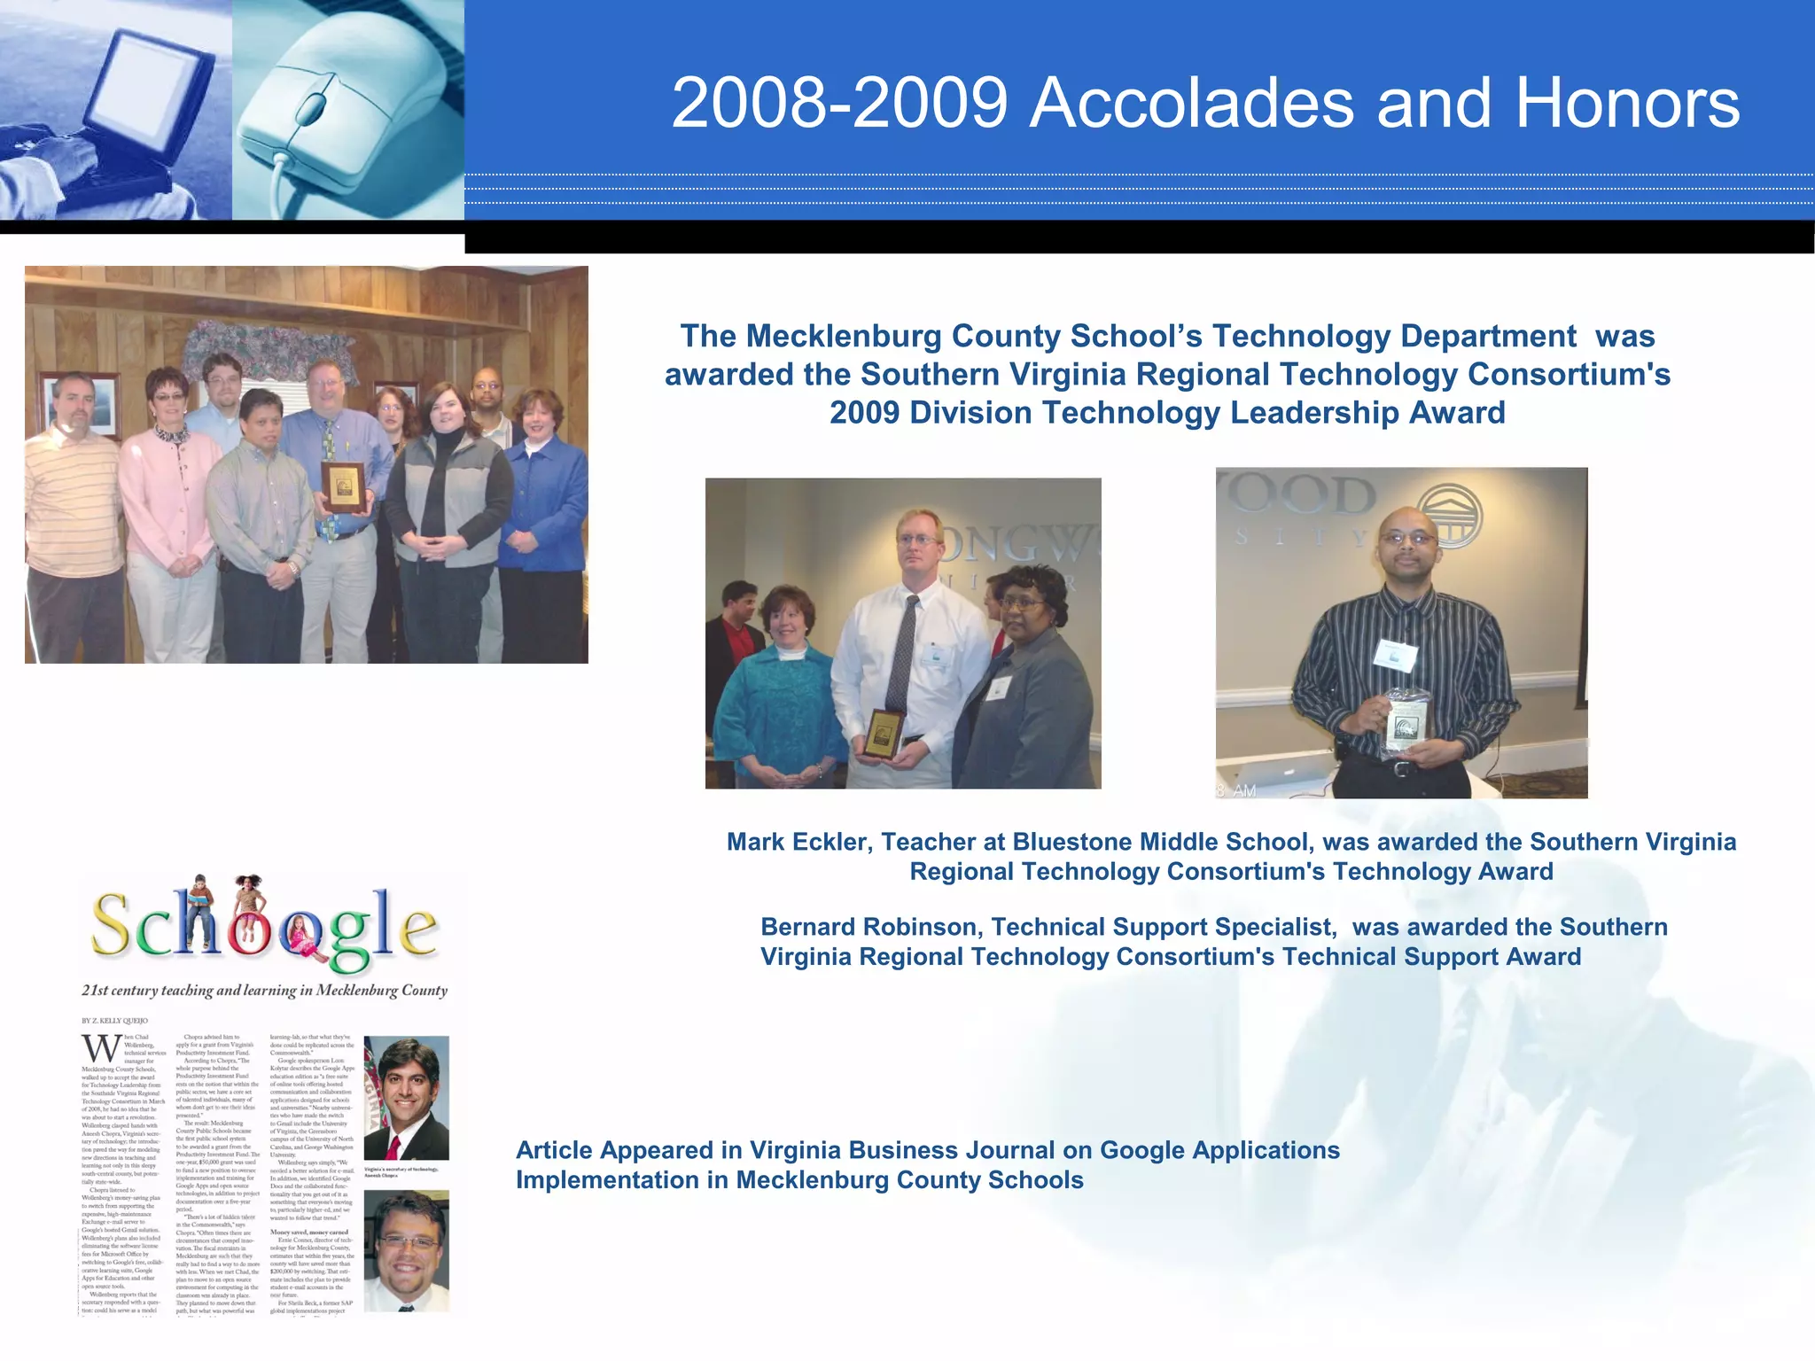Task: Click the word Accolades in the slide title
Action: pyautogui.click(x=1192, y=104)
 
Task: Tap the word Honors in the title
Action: pyautogui.click(x=1627, y=104)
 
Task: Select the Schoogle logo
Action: pyautogui.click(x=264, y=926)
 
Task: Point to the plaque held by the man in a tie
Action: pyautogui.click(x=884, y=732)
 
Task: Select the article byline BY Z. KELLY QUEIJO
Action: pyautogui.click(x=115, y=1021)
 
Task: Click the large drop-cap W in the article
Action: pyautogui.click(x=100, y=1049)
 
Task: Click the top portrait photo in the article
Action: pyautogui.click(x=406, y=1098)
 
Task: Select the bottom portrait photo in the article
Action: pyautogui.click(x=406, y=1250)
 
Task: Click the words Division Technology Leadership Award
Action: pyautogui.click(x=1209, y=413)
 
